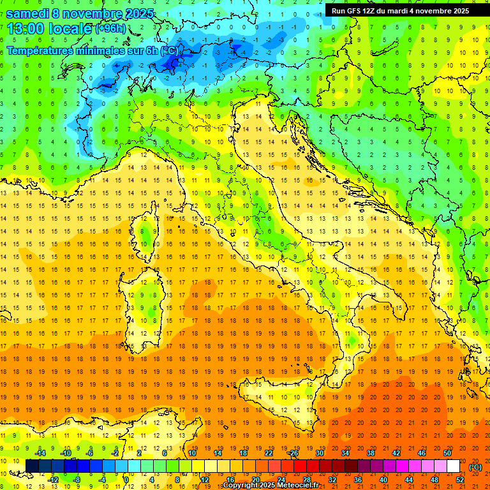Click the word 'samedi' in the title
point(28,13)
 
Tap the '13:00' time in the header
point(24,28)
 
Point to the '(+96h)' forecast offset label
point(110,29)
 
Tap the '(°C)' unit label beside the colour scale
point(475,467)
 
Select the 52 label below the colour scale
point(460,480)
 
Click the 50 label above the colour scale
point(447,453)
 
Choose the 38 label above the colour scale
point(370,453)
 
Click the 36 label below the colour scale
point(358,480)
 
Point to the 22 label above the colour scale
point(268,453)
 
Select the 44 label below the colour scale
point(409,480)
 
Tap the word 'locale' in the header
point(69,28)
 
